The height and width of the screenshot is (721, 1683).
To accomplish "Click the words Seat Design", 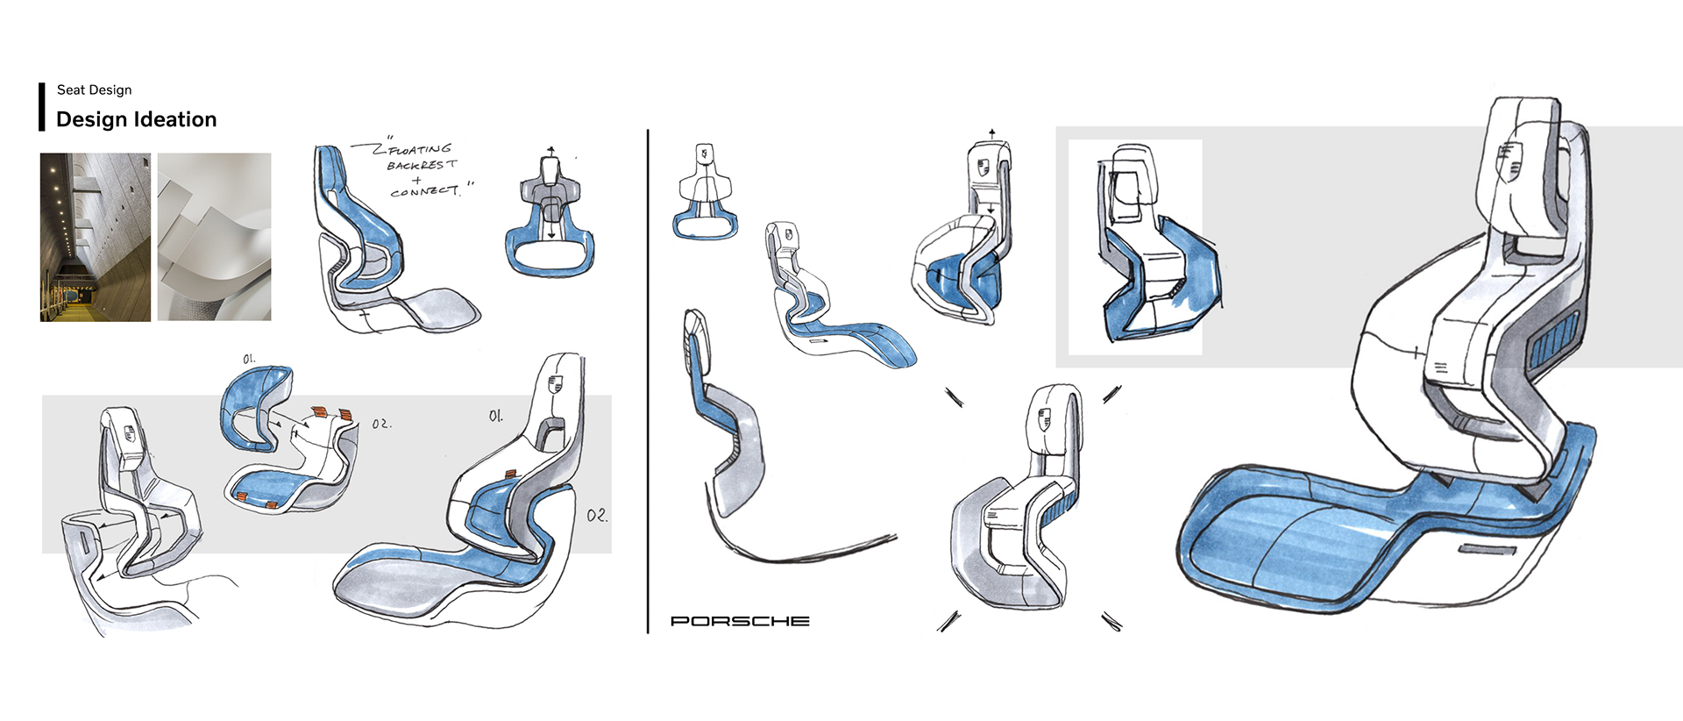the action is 94,89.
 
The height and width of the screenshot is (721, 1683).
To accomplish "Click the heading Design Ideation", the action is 136,119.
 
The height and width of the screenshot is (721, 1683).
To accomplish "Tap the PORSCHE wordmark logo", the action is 740,621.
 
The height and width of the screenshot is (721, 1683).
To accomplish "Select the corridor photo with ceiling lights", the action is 95,237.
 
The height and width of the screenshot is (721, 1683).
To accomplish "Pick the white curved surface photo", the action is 214,237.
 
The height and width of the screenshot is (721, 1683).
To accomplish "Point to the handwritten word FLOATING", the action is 421,150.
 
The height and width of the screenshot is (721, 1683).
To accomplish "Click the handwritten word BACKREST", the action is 422,165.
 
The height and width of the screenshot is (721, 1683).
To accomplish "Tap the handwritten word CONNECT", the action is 424,191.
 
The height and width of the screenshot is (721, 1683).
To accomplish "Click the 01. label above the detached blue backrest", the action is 249,359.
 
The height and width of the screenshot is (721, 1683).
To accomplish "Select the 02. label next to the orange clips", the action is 380,424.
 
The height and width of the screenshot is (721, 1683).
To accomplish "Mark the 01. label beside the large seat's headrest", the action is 496,416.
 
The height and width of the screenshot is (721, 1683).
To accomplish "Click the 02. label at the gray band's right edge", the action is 597,515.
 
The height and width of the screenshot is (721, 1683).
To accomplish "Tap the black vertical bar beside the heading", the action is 41,107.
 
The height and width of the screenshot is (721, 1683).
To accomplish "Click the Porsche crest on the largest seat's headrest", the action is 1509,161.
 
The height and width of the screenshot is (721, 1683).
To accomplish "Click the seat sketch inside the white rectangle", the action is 1148,250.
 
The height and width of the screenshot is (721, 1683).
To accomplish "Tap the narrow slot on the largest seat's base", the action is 1487,551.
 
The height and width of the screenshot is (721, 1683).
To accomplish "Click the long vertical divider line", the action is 648,382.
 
